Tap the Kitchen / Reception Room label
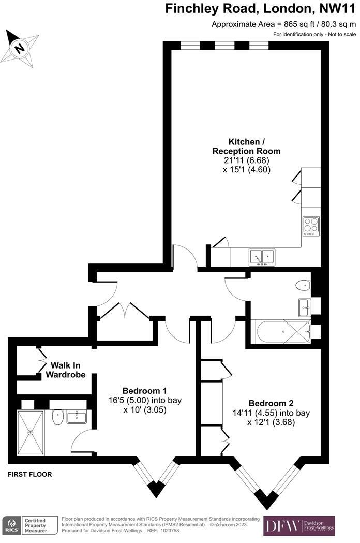[x=246, y=146]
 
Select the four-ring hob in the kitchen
[x=311, y=225]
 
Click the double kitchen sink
[x=262, y=256]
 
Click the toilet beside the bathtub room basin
[x=303, y=285]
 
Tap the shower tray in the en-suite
[x=32, y=430]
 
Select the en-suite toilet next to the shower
[x=58, y=417]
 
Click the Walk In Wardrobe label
[x=66, y=370]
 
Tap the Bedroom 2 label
[x=271, y=403]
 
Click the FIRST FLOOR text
[x=30, y=474]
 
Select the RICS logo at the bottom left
[x=12, y=525]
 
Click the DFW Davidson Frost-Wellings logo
[x=299, y=525]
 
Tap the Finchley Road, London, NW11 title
[x=260, y=9]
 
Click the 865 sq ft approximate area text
[x=283, y=24]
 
